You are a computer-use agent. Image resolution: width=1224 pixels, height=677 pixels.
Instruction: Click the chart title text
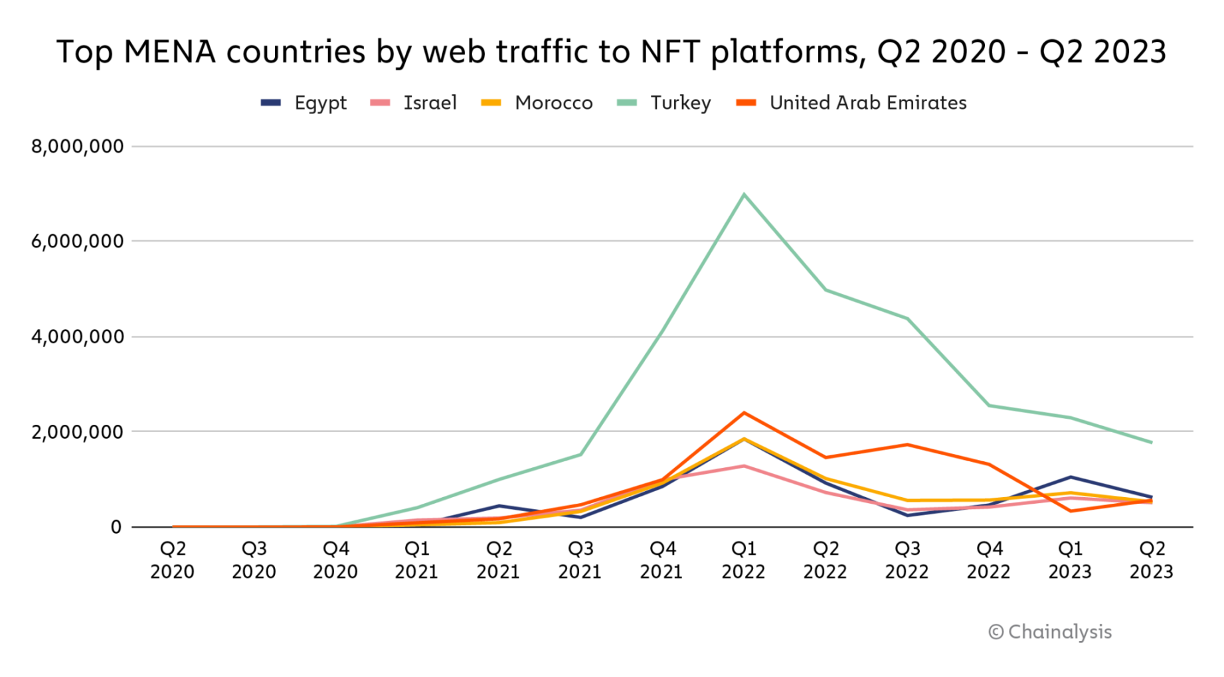pos(611,52)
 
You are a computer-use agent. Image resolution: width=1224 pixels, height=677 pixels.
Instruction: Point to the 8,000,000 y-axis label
pos(78,146)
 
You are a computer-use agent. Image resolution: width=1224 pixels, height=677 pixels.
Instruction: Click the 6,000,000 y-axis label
pos(78,241)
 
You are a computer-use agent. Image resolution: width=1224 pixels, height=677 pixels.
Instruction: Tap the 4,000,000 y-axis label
pos(78,337)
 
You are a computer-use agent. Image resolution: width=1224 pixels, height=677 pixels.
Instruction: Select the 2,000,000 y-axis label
pos(78,431)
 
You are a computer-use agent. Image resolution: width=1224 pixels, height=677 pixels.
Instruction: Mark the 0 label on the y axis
pos(116,527)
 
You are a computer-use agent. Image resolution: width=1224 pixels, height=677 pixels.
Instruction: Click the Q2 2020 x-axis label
pos(172,560)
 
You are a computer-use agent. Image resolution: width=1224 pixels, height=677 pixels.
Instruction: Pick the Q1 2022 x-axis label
pos(743,560)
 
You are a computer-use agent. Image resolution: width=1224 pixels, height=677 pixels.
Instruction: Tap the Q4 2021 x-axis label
pos(661,560)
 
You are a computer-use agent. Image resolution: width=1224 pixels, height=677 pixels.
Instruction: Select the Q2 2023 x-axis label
pos(1152,560)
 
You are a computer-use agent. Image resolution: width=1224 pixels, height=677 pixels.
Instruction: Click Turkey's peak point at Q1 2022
pos(744,194)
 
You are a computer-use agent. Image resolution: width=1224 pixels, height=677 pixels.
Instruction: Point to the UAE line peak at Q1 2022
pos(744,413)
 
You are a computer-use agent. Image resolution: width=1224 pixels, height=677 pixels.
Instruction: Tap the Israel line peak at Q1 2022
pos(744,466)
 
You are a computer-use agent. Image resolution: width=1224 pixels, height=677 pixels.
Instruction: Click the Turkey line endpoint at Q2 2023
pos(1152,443)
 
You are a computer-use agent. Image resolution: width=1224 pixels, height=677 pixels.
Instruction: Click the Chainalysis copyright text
pos(1050,632)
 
